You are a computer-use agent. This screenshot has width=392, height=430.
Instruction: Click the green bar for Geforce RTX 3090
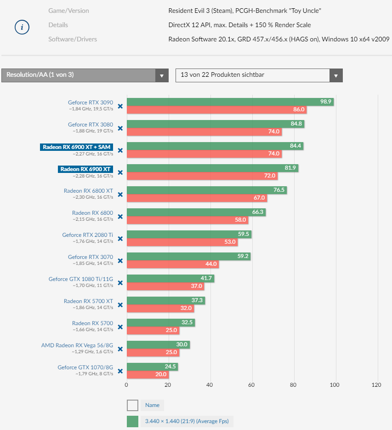point(230,102)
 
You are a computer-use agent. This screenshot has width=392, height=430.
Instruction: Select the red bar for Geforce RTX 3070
point(172,264)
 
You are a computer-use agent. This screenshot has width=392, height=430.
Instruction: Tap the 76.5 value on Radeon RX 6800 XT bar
point(279,190)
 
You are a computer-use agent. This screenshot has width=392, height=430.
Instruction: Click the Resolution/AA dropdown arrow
point(162,75)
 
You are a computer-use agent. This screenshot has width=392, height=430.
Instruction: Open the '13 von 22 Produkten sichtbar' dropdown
point(259,75)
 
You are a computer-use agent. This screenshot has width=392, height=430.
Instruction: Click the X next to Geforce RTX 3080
point(120,128)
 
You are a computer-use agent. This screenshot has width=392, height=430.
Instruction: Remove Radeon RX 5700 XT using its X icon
point(120,305)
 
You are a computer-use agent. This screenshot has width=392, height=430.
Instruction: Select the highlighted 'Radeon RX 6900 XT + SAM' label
point(77,147)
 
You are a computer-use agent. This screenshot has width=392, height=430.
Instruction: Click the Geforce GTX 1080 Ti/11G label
point(81,279)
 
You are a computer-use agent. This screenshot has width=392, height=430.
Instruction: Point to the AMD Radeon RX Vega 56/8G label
point(77,345)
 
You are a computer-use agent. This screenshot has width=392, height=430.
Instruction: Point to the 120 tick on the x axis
point(377,385)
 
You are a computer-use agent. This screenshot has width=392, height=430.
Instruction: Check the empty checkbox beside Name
point(132,405)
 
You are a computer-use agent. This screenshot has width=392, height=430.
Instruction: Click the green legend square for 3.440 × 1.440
point(132,421)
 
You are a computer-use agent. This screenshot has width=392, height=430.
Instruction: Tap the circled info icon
point(22,28)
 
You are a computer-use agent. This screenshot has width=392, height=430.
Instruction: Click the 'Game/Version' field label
point(68,11)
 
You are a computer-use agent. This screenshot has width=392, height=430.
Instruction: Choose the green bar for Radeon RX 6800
point(196,212)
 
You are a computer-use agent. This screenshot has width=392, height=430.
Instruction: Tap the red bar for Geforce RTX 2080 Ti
point(182,242)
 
